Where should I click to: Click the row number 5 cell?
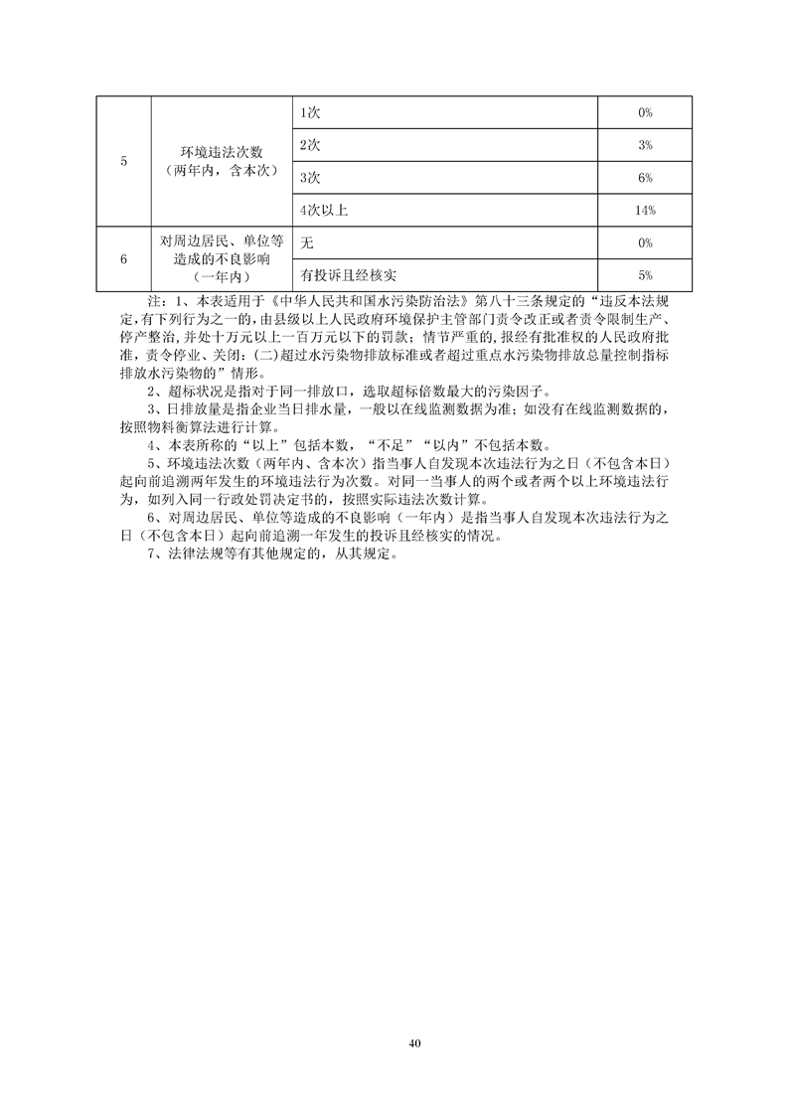122,161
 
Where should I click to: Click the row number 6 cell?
122,258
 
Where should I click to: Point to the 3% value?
645,145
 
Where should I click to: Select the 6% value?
645,177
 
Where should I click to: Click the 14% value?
645,210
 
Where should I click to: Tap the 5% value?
645,274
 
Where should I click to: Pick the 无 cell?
306,242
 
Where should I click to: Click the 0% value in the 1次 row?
645,113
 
